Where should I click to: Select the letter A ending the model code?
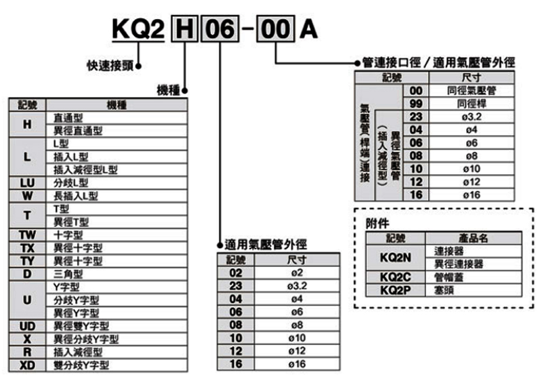[308, 30]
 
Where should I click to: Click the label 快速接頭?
[110, 66]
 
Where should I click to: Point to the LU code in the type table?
[27, 182]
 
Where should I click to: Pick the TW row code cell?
[27, 235]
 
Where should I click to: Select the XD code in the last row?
[27, 365]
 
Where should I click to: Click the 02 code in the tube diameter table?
[236, 273]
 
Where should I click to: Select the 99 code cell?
[416, 103]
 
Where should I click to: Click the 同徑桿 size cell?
[472, 103]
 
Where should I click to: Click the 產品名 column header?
[474, 238]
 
